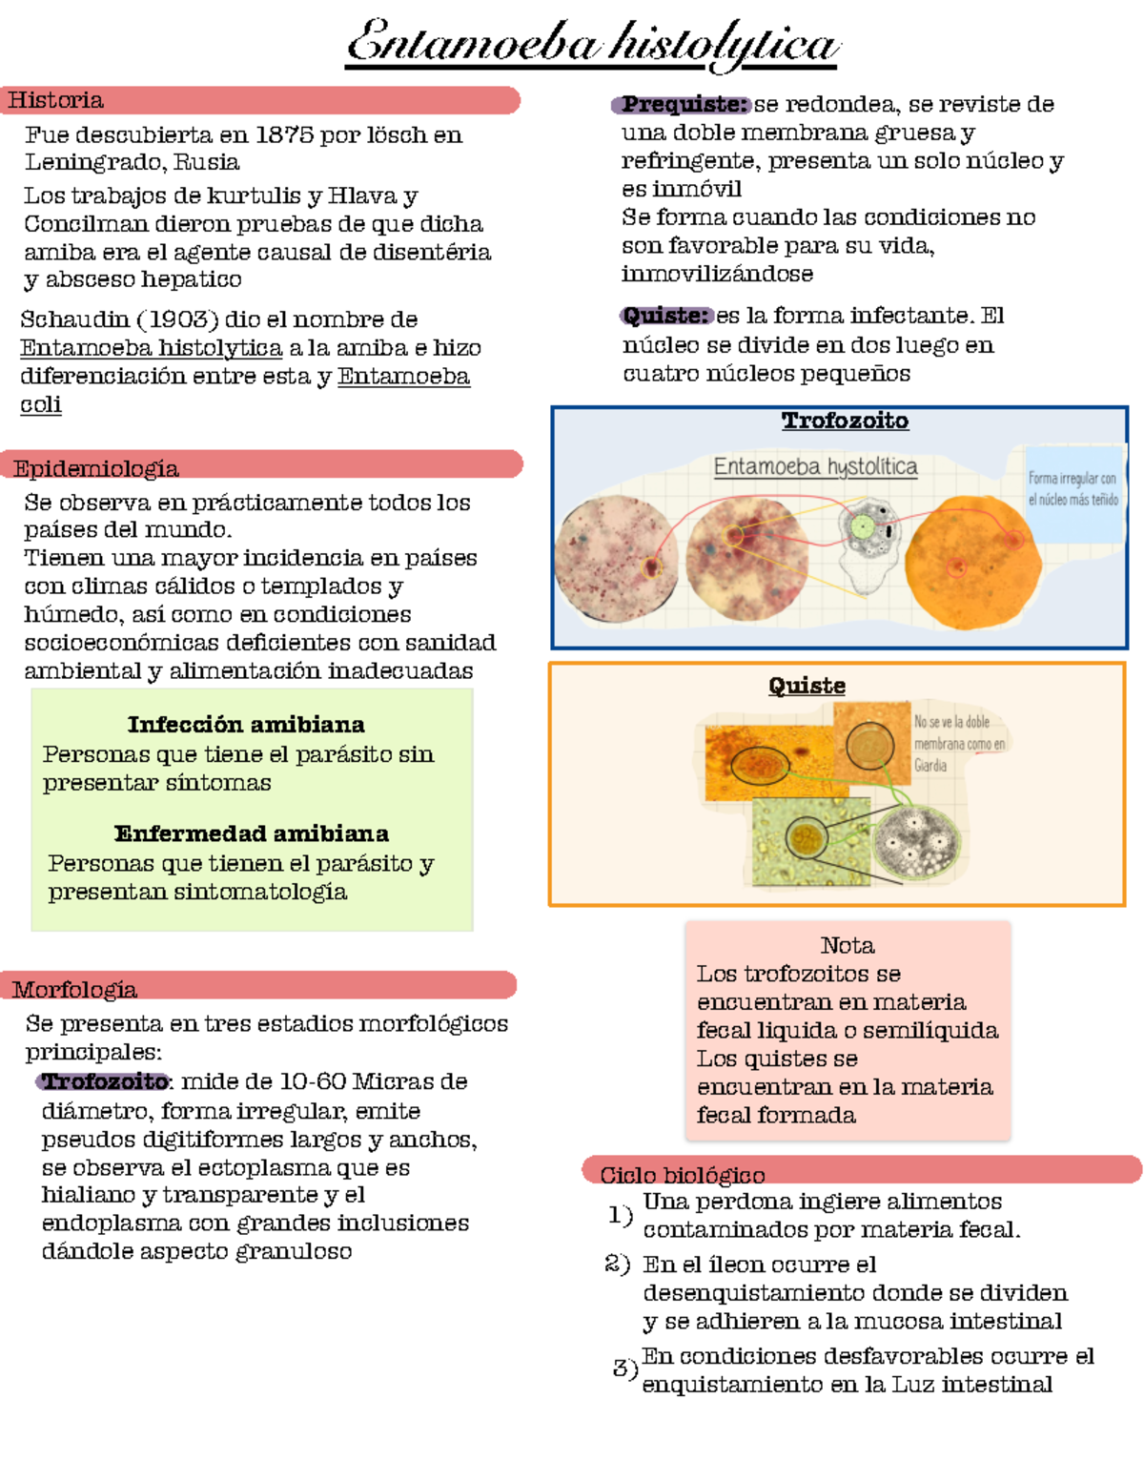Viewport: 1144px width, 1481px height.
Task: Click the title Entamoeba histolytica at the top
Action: pos(592,44)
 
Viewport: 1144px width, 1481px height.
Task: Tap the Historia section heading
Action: pos(56,100)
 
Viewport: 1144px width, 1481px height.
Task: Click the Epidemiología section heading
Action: pos(95,467)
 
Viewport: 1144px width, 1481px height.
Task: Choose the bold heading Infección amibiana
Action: pos(246,724)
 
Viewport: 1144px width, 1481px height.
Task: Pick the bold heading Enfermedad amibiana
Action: pos(251,833)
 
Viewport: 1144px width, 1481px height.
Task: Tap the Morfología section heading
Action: pos(74,988)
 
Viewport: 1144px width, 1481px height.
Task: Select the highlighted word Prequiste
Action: pos(684,104)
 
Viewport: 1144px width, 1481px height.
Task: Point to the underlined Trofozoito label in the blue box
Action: pos(845,421)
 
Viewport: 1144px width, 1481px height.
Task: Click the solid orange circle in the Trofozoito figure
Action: pos(972,563)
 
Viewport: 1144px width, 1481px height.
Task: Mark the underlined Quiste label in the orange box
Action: pos(807,686)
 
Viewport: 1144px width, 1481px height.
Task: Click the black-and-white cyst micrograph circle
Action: pos(914,843)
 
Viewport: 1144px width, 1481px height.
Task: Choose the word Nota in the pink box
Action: pos(847,945)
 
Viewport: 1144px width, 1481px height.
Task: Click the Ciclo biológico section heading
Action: pos(682,1174)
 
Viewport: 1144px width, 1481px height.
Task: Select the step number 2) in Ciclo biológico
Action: pos(617,1264)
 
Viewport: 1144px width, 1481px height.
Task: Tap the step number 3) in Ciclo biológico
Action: pos(624,1368)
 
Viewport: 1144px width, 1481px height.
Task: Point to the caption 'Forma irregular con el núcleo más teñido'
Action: pos(1072,488)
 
